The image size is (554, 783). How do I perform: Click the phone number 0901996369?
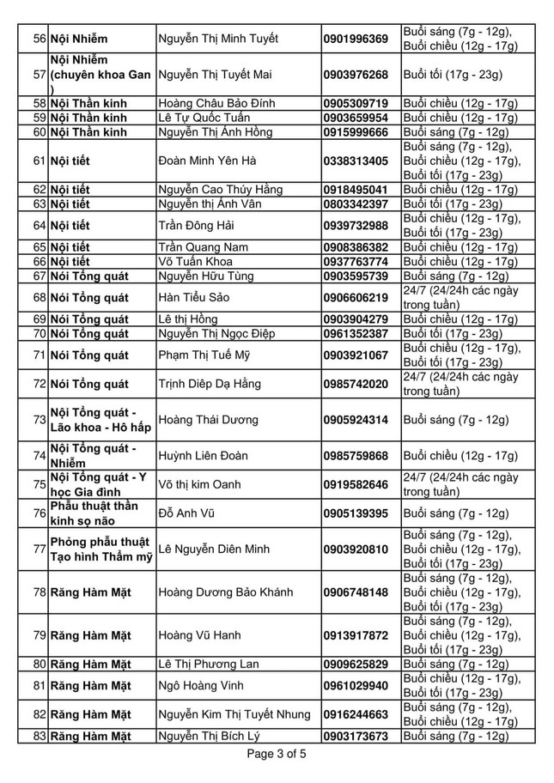pos(356,39)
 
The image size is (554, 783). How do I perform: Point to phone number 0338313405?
pos(356,161)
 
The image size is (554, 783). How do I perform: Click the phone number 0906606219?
pos(356,298)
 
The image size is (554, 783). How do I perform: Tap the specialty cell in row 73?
pos(99,420)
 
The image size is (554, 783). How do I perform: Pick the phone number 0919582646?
pos(356,485)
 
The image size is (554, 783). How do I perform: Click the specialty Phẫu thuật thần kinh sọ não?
pos(94,513)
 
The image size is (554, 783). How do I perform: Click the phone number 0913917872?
pos(356,635)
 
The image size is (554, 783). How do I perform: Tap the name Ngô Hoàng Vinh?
pos(201,686)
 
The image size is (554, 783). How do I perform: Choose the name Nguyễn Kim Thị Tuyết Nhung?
pos(234,714)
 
